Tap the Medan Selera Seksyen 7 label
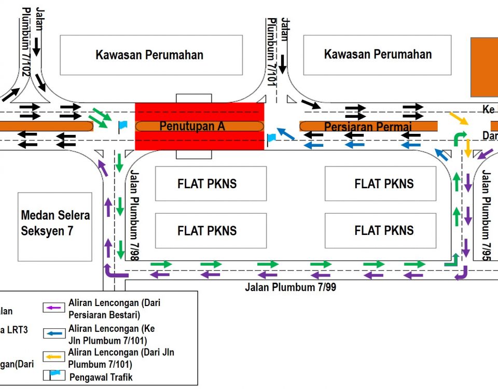tap(56, 223)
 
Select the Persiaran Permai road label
tap(367, 126)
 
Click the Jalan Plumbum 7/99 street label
tap(290, 287)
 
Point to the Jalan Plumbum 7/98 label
tap(135, 216)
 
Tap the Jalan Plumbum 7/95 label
tap(486, 216)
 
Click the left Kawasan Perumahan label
tap(149, 55)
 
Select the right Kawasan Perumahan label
tap(378, 54)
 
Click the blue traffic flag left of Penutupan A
tap(122, 126)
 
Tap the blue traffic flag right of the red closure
tap(271, 138)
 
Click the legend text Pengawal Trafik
tap(100, 377)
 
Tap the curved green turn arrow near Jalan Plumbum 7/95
tap(459, 138)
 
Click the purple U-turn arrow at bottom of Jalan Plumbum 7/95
tap(461, 273)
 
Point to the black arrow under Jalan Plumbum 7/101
tap(282, 64)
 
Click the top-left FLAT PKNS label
tap(207, 184)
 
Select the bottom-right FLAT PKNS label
tap(384, 230)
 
